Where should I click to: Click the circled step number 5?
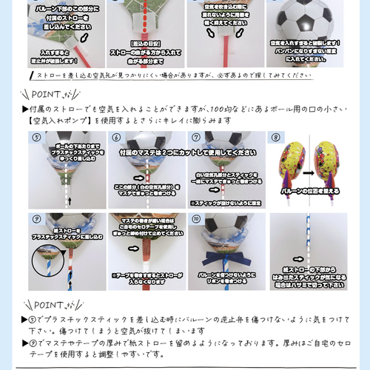point(36,138)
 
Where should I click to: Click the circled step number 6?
point(116,138)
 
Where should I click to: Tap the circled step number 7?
point(196,138)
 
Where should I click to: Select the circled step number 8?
point(276,138)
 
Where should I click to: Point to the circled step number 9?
point(36,219)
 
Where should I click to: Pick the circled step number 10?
point(196,219)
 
